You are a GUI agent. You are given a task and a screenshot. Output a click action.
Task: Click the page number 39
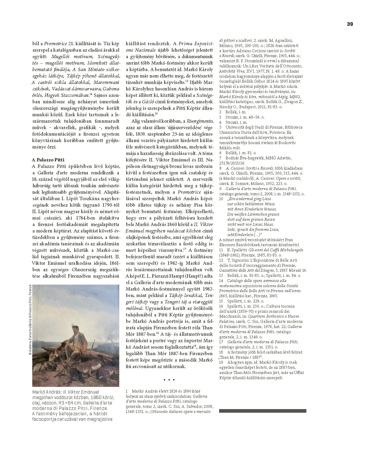(350, 24)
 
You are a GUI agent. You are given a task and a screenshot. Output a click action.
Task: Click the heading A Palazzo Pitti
(48, 160)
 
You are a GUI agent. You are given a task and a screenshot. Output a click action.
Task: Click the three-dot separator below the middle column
(169, 380)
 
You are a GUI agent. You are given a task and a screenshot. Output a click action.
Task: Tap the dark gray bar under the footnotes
(262, 411)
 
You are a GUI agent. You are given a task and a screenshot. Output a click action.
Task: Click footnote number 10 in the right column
(221, 199)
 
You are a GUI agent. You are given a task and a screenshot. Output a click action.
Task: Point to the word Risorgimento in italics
(200, 121)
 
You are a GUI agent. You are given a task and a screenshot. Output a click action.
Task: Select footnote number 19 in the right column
(221, 362)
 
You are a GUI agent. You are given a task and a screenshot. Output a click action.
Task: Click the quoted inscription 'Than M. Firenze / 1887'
(241, 357)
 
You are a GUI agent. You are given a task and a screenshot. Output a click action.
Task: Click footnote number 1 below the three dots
(126, 391)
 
